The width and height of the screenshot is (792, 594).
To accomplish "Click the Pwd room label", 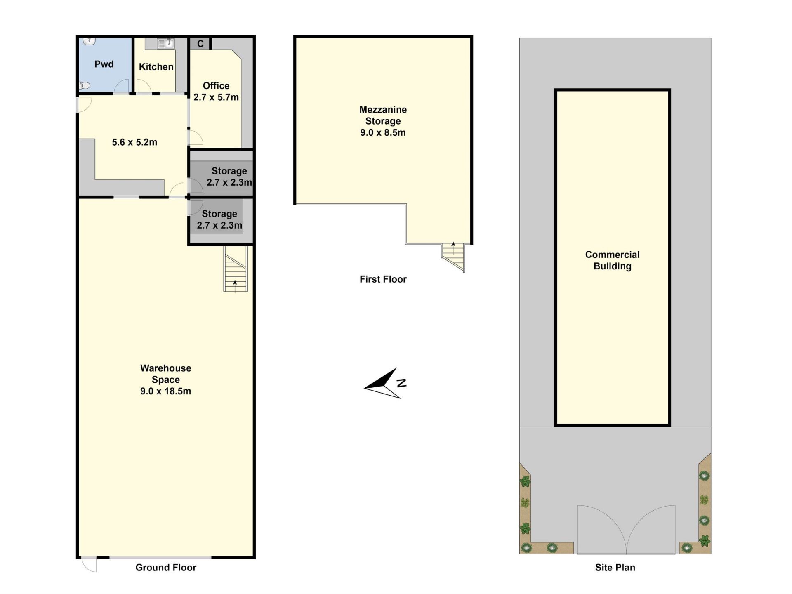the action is (104, 64).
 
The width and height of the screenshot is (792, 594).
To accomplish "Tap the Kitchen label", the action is (156, 67).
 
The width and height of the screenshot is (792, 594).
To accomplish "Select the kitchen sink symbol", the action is (165, 43).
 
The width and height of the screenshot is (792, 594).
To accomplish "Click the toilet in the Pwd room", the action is (84, 86).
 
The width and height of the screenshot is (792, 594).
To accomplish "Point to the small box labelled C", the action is (200, 43).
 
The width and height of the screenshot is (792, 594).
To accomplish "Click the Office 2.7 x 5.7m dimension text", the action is (216, 97).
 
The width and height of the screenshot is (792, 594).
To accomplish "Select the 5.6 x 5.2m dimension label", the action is (134, 142).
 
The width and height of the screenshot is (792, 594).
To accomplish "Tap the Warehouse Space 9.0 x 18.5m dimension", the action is (165, 391).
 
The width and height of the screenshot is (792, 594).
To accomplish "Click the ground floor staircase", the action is (236, 269).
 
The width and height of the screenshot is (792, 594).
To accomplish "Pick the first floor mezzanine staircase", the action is (454, 256).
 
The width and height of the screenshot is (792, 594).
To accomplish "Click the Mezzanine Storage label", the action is (383, 115).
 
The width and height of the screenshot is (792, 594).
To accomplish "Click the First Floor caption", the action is (383, 279).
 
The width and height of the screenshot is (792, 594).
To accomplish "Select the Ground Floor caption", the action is (166, 568).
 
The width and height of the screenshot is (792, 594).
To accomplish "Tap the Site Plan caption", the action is (615, 568).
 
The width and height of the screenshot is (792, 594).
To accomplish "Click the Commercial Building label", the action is (613, 260).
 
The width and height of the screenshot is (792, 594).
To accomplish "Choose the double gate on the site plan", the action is (627, 530).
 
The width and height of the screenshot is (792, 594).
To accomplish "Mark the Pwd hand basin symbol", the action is (90, 41).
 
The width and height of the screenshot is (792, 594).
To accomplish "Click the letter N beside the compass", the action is (402, 383).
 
